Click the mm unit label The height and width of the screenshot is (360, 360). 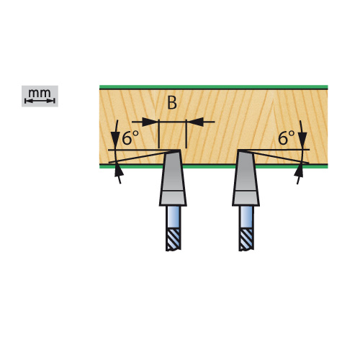point(40,93)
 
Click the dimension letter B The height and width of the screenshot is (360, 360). point(172,103)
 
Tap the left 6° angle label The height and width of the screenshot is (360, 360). point(130,138)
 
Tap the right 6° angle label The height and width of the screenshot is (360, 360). point(286,138)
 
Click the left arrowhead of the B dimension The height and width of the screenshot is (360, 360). point(150,122)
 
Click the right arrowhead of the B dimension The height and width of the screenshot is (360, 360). point(195,122)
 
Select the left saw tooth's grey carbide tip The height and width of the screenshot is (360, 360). point(173,170)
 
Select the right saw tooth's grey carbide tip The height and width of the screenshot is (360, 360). point(246,170)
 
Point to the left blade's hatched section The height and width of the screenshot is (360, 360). point(173,239)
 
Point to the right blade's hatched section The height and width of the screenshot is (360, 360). point(246,239)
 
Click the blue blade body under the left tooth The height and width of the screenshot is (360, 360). point(173,217)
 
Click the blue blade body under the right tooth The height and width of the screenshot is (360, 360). point(246,217)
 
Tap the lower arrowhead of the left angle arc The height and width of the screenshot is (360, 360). point(120,171)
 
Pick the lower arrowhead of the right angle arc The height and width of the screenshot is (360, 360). point(299,171)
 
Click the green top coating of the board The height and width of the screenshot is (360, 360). point(214,87)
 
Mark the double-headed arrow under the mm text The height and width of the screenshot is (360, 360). point(40,101)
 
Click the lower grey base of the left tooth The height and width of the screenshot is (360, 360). point(173,198)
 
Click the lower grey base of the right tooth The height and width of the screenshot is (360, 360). point(246,198)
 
